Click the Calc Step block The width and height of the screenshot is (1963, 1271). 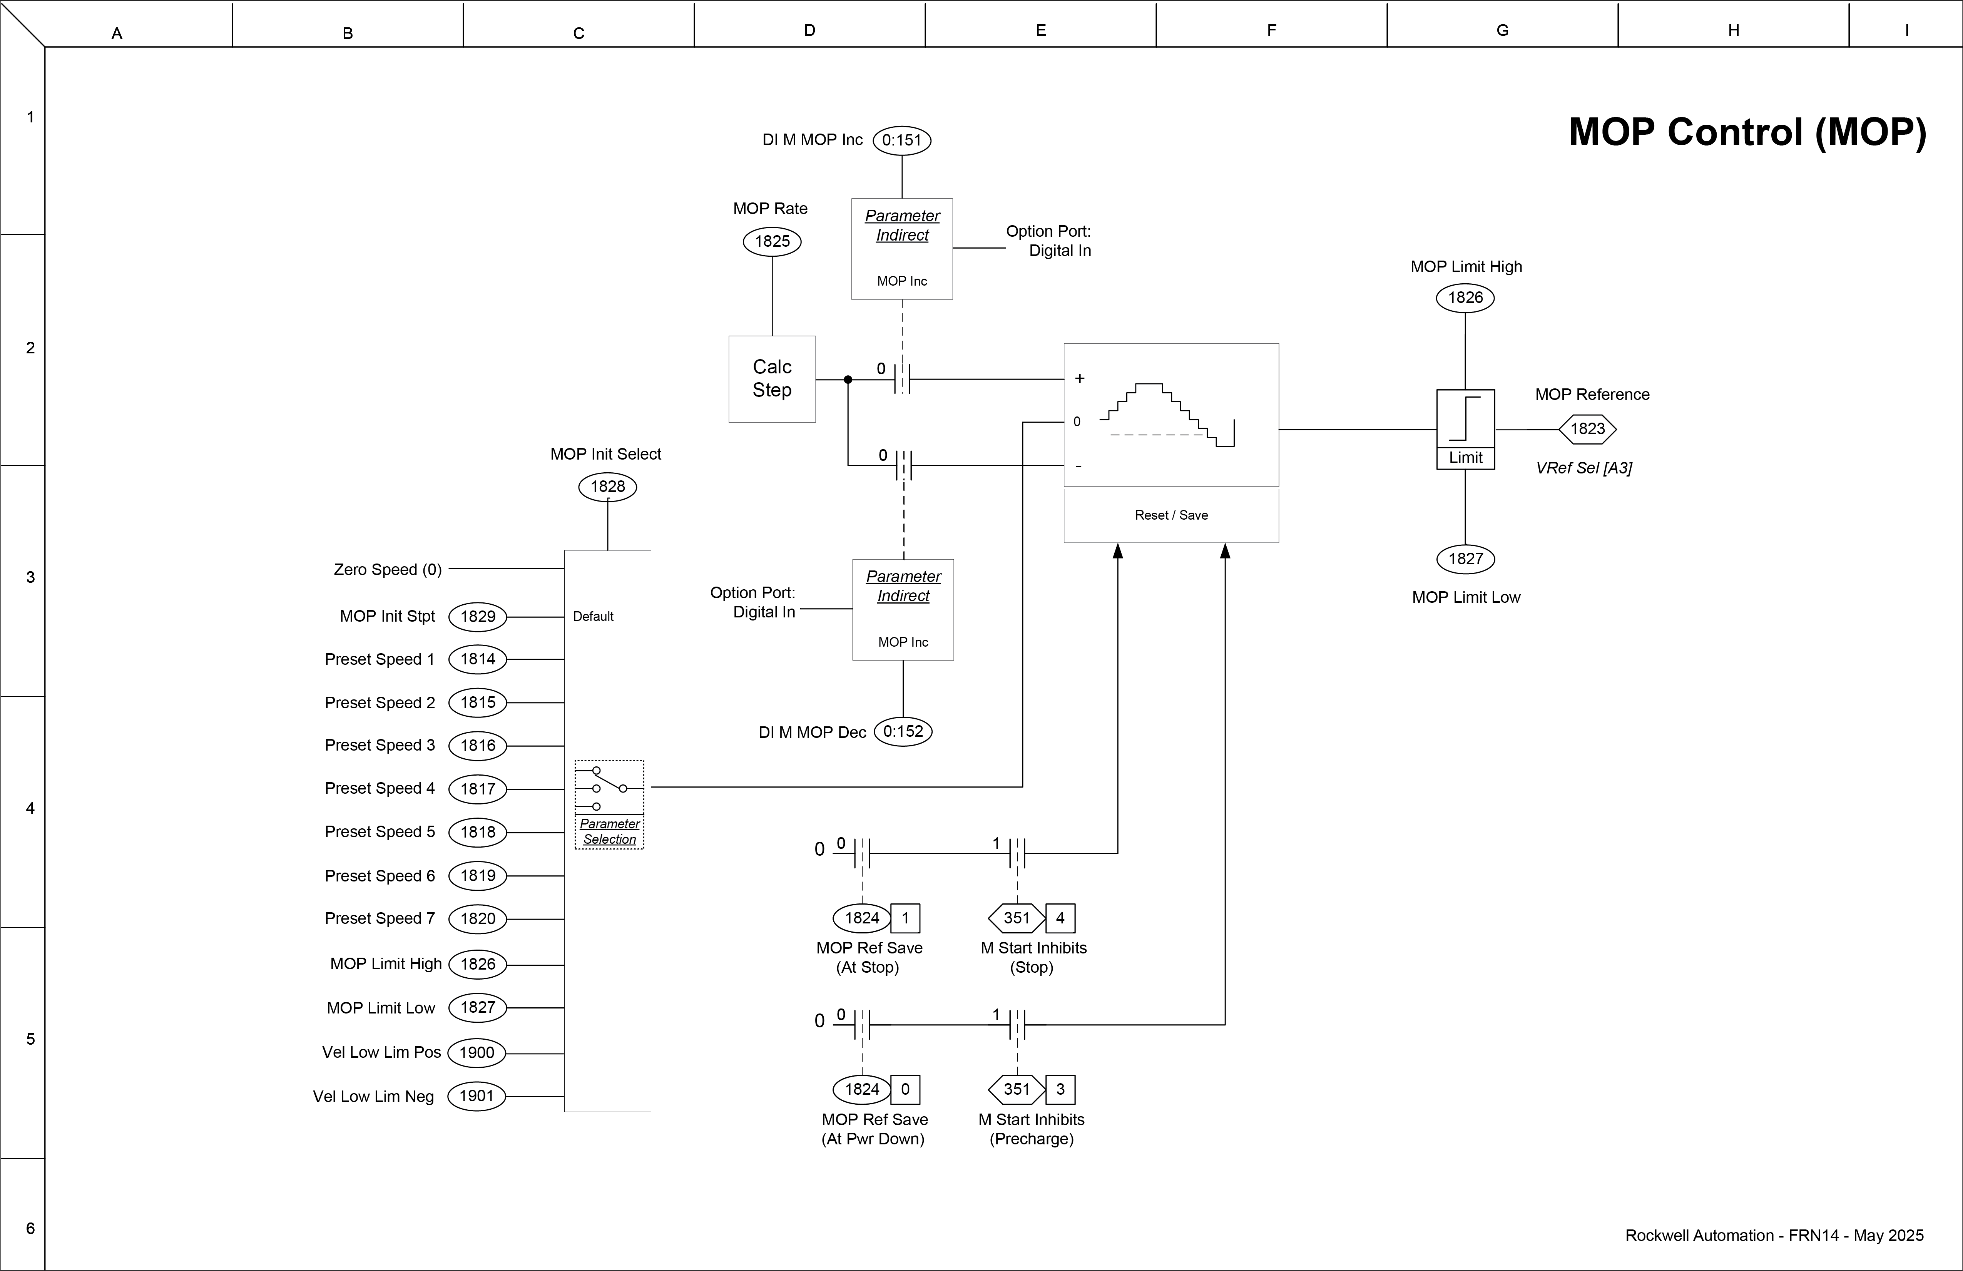point(772,379)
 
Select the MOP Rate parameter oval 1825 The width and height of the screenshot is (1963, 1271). point(772,241)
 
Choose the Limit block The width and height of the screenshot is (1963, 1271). point(1466,429)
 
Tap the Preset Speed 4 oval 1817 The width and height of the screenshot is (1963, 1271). point(478,788)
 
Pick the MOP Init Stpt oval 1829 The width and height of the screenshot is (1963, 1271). point(478,616)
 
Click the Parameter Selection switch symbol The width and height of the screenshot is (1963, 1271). point(610,788)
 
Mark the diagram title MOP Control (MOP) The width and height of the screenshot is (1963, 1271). point(1747,132)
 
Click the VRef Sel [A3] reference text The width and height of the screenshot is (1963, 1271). point(1583,468)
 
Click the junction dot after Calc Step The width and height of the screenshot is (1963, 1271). point(848,380)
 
